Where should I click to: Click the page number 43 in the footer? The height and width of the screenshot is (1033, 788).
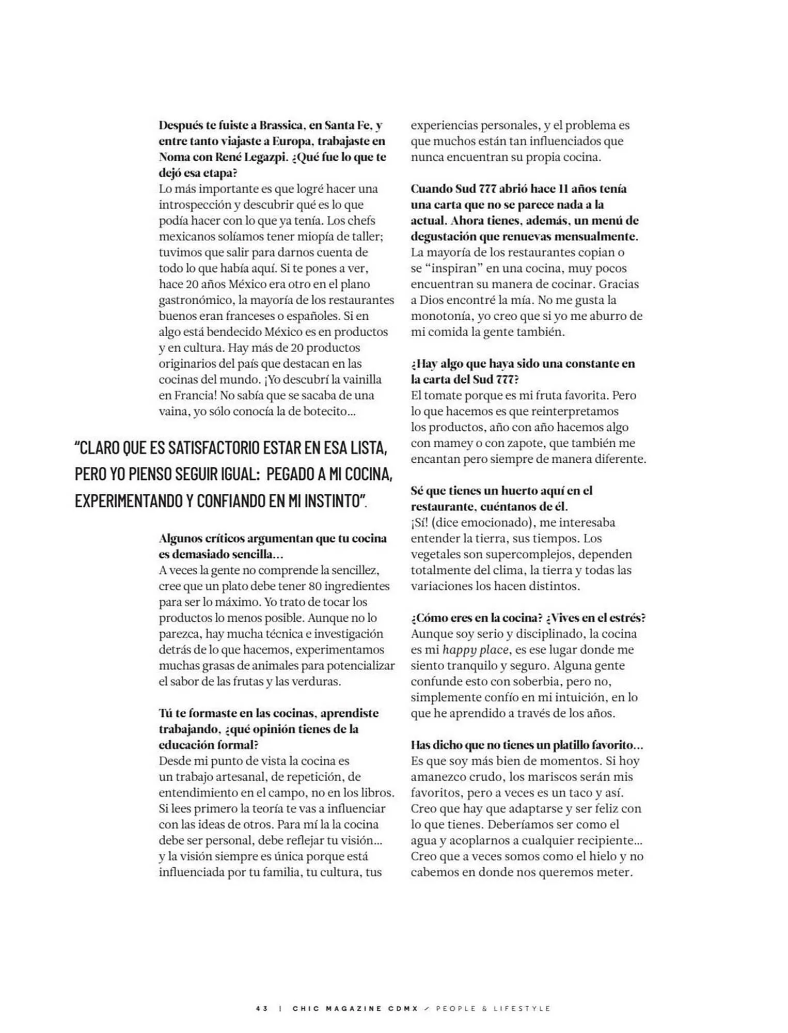click(x=262, y=1008)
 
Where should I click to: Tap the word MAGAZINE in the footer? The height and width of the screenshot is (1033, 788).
click(x=351, y=1008)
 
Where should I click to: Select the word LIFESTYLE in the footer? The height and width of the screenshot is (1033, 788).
click(x=522, y=1008)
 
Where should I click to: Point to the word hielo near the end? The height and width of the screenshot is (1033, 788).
click(x=612, y=856)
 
